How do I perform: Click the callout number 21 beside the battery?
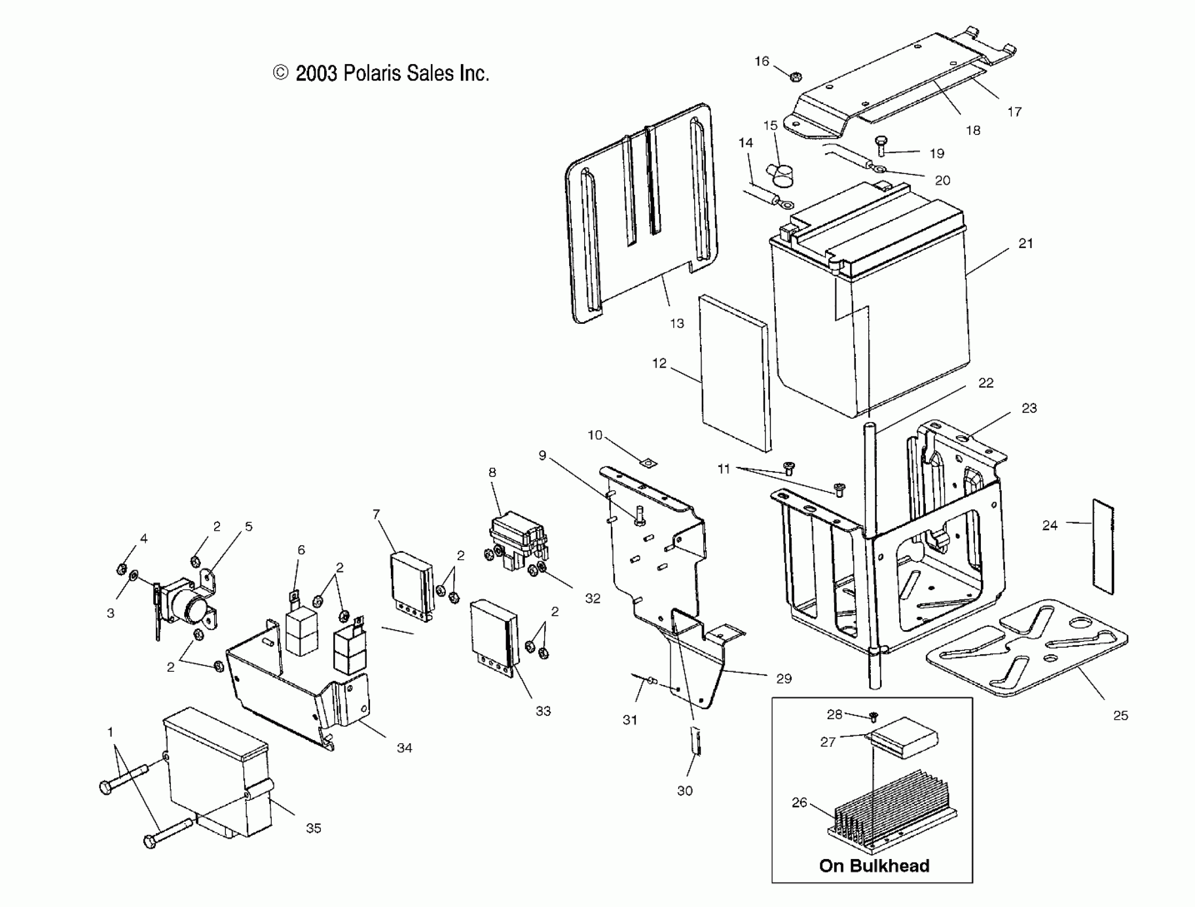1025,243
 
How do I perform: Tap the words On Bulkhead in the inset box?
874,865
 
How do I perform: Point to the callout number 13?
677,323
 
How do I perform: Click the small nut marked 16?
795,77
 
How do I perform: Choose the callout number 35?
313,828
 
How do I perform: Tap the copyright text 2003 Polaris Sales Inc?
381,74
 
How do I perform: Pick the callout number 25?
1120,715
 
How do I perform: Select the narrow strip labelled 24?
1103,546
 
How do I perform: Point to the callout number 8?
492,472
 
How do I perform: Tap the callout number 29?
783,679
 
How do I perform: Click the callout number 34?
404,747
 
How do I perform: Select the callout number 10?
594,435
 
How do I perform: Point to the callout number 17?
1014,112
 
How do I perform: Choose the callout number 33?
543,711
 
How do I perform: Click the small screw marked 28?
874,717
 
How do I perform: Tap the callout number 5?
248,527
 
